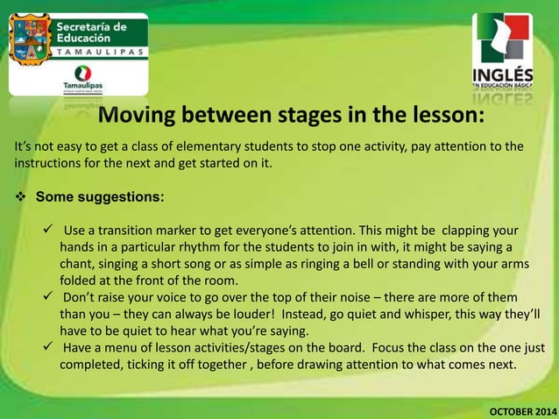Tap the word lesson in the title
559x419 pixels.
coord(428,117)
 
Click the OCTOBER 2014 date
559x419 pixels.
coord(521,410)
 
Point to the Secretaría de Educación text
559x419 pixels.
coord(96,32)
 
